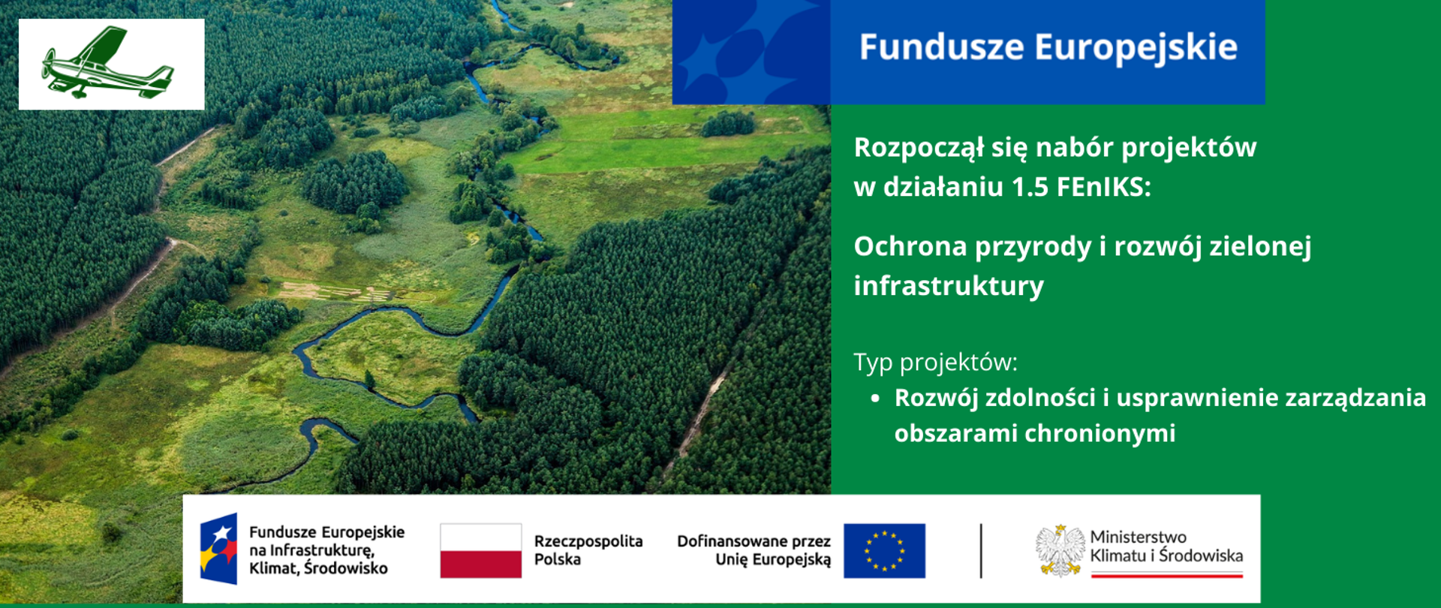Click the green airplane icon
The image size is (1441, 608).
[x=109, y=65]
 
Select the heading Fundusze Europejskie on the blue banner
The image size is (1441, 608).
[x=1048, y=47]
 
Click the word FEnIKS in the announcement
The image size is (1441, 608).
[x=1103, y=187]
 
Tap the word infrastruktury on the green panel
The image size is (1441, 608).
[x=949, y=286]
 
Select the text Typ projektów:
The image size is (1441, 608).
[x=935, y=363]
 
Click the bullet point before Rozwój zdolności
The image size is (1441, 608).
[x=875, y=399]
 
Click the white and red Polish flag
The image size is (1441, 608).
[x=480, y=551]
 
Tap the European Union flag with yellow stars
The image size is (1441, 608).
[x=884, y=551]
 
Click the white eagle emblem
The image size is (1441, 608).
[x=1060, y=550]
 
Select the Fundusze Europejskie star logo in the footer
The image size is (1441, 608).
[x=218, y=549]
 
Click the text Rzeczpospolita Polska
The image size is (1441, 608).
[x=588, y=550]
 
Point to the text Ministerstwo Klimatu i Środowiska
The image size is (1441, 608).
[x=1166, y=546]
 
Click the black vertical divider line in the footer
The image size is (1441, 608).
[x=981, y=551]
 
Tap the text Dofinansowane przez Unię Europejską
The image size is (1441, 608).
[x=754, y=550]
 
